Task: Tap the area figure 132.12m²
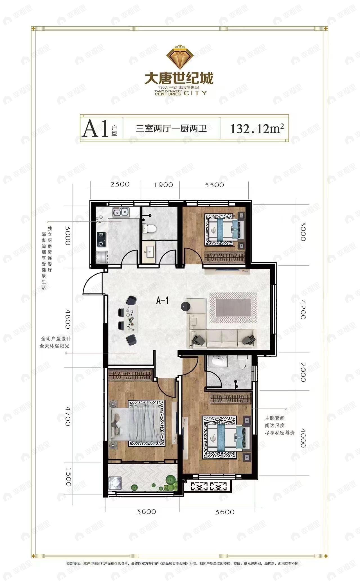click(257, 129)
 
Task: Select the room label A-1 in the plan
click(162, 301)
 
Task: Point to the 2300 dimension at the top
click(120, 184)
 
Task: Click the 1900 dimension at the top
click(163, 185)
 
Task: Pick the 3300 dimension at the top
click(214, 185)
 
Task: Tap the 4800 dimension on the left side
click(67, 319)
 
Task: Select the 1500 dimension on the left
click(68, 477)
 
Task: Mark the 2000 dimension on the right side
click(303, 372)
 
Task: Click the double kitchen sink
click(121, 212)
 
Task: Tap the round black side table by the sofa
click(186, 306)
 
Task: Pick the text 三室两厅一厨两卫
click(171, 129)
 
